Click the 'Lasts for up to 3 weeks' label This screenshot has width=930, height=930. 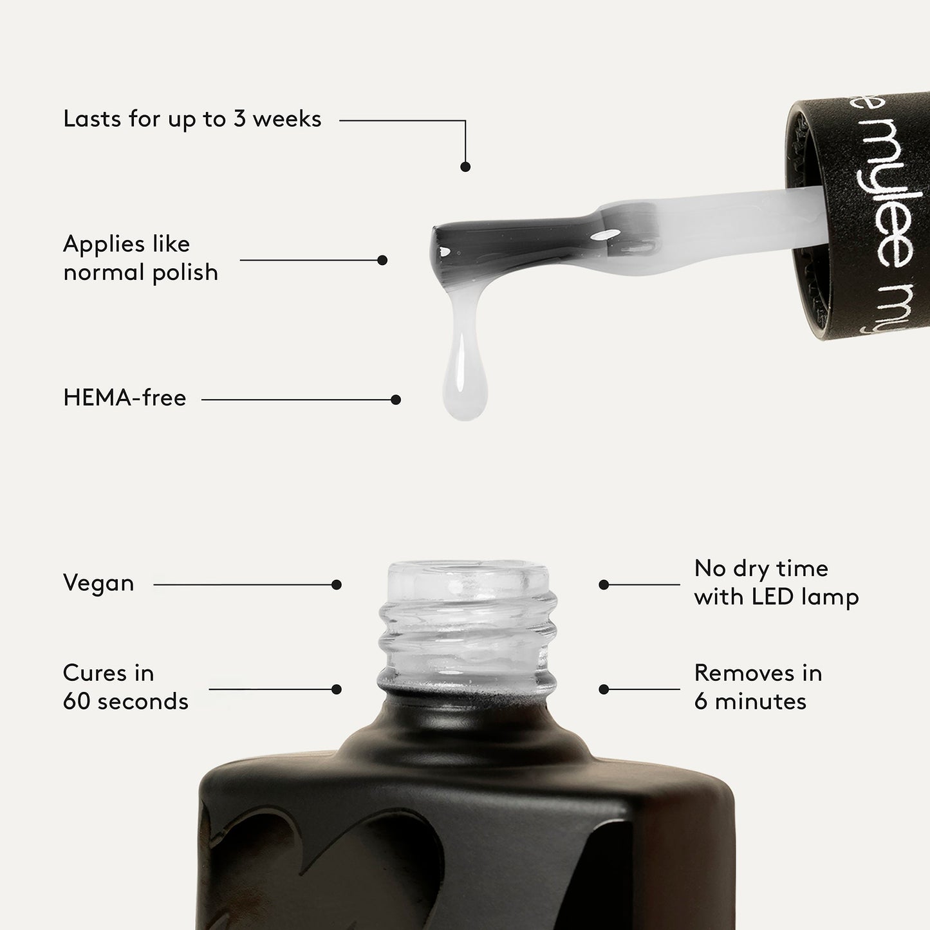(192, 119)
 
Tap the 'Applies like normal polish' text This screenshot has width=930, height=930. (140, 258)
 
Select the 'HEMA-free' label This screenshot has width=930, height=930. (125, 398)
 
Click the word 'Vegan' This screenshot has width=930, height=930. (98, 583)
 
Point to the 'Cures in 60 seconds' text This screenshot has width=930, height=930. (126, 687)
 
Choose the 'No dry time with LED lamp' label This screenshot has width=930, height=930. (776, 582)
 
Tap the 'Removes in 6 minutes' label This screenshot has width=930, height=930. (758, 687)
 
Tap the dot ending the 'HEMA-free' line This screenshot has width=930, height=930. (396, 400)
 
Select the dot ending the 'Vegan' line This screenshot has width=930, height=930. (336, 585)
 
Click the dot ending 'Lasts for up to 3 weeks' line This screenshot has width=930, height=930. (465, 167)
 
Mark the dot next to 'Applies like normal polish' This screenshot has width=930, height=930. (382, 260)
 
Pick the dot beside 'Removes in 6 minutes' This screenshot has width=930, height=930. (604, 689)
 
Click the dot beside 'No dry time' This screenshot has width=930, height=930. (604, 585)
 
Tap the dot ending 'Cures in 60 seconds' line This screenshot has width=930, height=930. (336, 689)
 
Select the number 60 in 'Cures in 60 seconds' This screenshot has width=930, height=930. (77, 701)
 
